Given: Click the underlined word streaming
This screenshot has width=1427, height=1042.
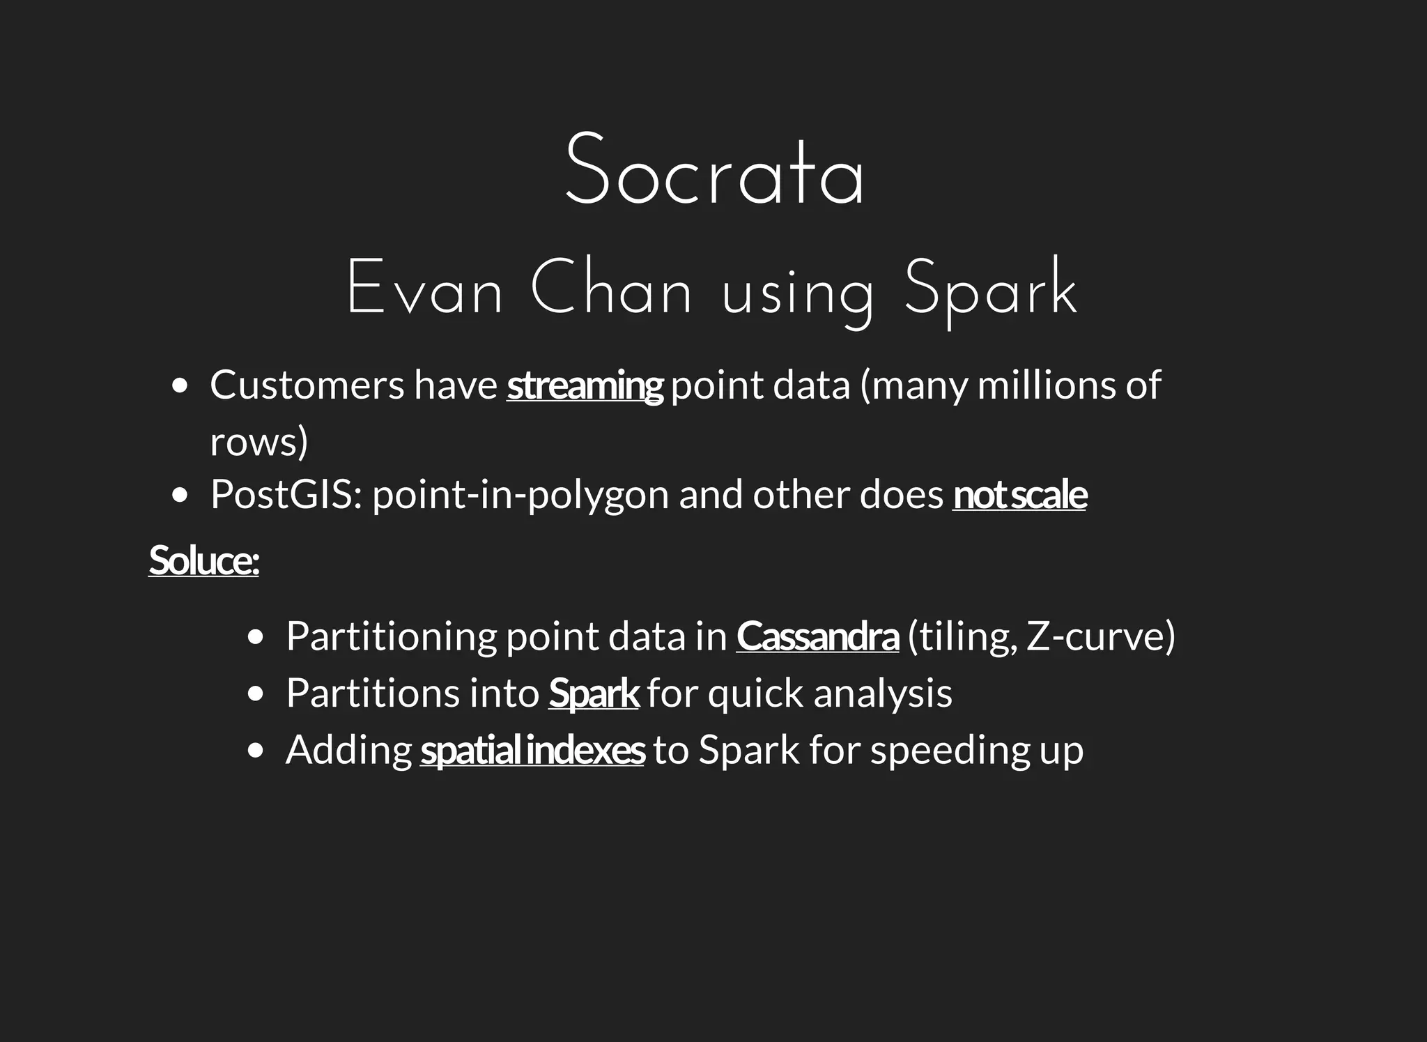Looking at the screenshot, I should (585, 386).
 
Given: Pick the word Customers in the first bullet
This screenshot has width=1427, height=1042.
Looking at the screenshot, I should (307, 385).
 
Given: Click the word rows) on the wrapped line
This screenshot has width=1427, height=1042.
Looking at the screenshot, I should (259, 443).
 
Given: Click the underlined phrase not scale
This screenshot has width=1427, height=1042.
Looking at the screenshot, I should (1019, 496).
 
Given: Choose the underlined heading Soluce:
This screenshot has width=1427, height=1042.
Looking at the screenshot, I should (203, 560).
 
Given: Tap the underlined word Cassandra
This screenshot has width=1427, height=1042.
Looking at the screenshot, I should (817, 637).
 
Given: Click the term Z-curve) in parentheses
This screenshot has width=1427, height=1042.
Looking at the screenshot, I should (1101, 637).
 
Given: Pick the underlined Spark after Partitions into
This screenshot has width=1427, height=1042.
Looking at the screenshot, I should (594, 694).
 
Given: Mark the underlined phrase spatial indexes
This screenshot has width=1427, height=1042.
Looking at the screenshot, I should (532, 751).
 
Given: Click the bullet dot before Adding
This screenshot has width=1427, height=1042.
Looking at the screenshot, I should (256, 750).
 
